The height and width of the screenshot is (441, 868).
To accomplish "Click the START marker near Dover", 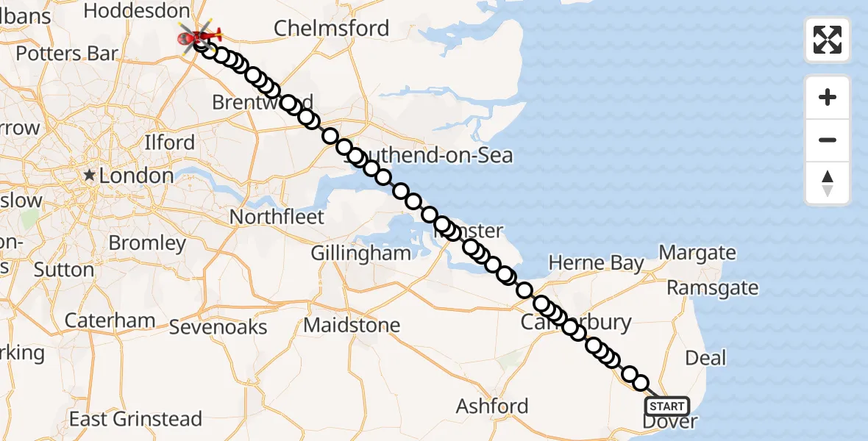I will pyautogui.click(x=667, y=406).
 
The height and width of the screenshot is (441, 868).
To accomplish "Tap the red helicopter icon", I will pyautogui.click(x=200, y=35).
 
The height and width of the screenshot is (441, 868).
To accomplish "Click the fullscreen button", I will pyautogui.click(x=828, y=40).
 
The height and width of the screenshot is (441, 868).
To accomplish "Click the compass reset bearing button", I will pyautogui.click(x=828, y=183).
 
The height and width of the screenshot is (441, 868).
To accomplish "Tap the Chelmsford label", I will pyautogui.click(x=331, y=29).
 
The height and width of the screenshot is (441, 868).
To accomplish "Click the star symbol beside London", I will pyautogui.click(x=90, y=175).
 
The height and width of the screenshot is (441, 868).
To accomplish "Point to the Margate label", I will pyautogui.click(x=697, y=253).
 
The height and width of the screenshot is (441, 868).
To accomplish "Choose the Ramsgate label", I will pyautogui.click(x=712, y=287).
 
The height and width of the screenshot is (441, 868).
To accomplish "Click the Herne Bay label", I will pyautogui.click(x=596, y=263).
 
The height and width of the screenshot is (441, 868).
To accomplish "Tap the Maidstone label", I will pyautogui.click(x=352, y=325).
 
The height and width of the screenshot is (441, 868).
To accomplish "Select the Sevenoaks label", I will pyautogui.click(x=218, y=327).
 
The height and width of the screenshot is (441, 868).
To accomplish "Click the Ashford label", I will pyautogui.click(x=492, y=406).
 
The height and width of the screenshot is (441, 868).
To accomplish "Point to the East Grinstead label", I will pyautogui.click(x=135, y=419).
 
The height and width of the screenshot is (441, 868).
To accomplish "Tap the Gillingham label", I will pyautogui.click(x=360, y=253).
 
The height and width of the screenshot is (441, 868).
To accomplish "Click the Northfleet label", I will pyautogui.click(x=277, y=217).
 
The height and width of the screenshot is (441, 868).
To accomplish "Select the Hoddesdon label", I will pyautogui.click(x=137, y=10).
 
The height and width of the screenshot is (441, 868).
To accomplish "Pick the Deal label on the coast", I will pyautogui.click(x=705, y=358).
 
